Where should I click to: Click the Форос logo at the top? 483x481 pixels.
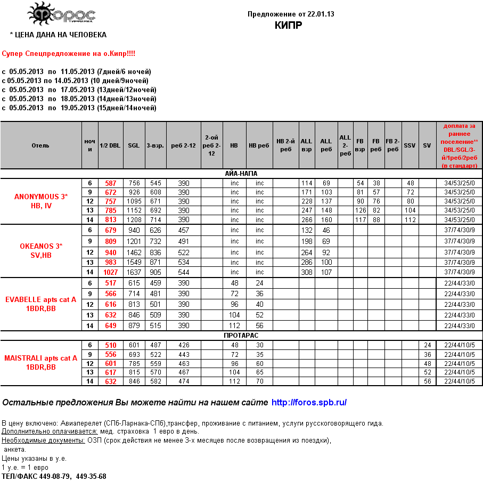61,14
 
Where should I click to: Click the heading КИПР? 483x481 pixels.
289,25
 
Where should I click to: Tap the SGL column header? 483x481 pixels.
134,145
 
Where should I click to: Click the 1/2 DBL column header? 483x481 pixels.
110,145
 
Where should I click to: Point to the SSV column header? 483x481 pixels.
410,145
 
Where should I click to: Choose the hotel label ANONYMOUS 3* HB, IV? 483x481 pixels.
41,201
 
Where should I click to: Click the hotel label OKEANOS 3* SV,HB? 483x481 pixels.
41,250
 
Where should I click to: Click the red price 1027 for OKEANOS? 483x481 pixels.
110,272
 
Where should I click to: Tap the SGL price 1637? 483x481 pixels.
134,272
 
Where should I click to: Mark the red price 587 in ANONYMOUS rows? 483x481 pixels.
110,183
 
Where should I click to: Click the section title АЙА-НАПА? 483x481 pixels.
242,174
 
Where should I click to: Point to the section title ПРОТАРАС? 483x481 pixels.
242,336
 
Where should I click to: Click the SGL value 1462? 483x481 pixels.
134,252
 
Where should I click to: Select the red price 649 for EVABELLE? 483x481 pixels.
110,325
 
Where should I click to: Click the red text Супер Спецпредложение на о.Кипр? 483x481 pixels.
69,54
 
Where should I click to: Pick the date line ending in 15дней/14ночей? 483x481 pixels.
79,108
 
